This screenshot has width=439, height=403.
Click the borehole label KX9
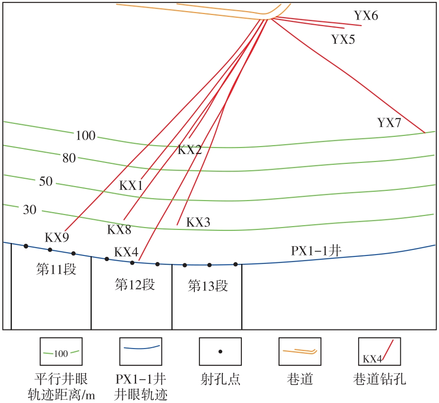point(57,237)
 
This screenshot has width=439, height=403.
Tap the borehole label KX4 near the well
point(126,252)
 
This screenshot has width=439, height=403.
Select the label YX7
point(389,123)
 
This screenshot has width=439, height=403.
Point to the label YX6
point(366,15)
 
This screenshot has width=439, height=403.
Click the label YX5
point(343,39)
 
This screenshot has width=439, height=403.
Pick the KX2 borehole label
point(190,150)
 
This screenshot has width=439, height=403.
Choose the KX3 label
point(198,222)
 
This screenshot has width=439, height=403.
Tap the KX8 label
point(119,229)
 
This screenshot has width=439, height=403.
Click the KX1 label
point(131,185)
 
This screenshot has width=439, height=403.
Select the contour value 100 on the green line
point(85,136)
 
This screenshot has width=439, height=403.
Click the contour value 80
point(69,158)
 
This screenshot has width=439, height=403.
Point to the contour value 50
point(46,181)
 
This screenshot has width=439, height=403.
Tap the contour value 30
point(29,210)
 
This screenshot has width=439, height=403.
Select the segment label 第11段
point(56,269)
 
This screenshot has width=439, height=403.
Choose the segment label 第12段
point(135,284)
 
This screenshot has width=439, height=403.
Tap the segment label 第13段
point(208,286)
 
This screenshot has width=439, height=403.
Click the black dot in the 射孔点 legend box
point(220,351)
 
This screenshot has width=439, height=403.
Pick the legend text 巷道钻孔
point(379,379)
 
